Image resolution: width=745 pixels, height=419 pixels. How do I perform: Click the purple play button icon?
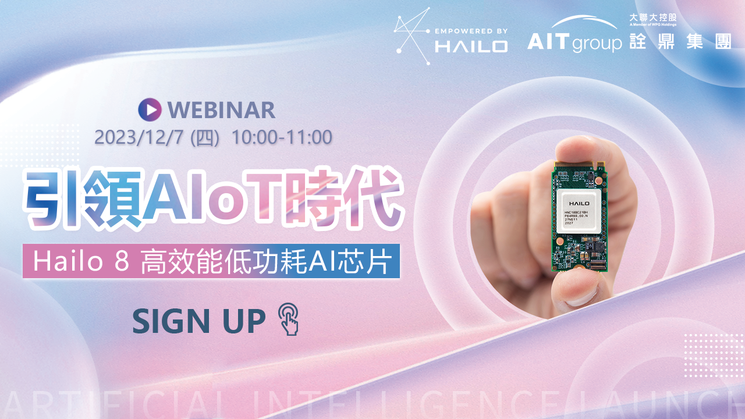click(149, 109)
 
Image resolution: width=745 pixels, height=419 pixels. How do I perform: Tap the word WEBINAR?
click(221, 109)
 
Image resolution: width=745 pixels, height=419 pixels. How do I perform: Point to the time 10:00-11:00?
click(282, 137)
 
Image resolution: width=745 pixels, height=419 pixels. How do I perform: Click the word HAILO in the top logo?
click(471, 46)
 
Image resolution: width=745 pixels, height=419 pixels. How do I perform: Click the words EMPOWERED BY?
click(471, 31)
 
